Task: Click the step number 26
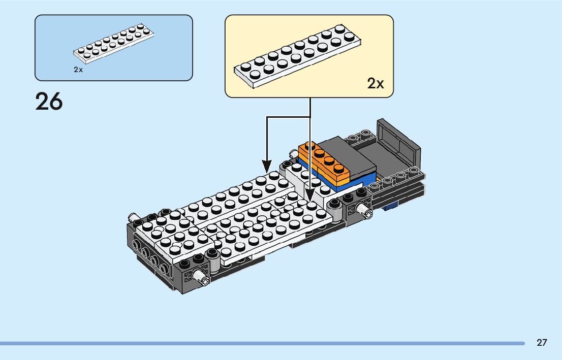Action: [49, 102]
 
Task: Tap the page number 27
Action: [542, 343]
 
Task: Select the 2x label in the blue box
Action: [78, 70]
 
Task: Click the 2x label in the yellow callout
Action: [376, 84]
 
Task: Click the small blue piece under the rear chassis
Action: [392, 206]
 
